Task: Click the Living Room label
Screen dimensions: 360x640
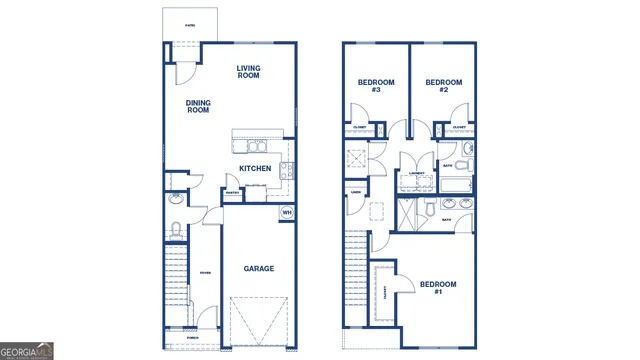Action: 248,72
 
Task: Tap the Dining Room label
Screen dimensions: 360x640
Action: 198,105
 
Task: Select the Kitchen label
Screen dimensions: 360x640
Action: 255,169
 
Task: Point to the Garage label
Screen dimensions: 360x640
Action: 259,268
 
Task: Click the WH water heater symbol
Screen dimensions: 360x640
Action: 286,212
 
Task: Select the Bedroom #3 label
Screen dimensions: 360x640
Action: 376,86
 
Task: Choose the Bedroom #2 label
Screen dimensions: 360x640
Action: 443,86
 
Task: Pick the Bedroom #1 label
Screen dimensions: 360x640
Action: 437,288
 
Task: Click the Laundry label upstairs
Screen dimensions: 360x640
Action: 418,173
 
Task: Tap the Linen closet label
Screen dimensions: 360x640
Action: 355,193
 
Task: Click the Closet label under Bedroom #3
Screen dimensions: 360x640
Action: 360,128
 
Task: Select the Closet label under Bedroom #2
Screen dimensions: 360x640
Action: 458,128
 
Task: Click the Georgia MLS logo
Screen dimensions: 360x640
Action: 27,351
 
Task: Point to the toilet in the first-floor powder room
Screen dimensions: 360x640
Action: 176,231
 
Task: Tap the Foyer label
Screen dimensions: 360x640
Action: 205,272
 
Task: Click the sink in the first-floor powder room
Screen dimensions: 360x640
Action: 176,198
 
